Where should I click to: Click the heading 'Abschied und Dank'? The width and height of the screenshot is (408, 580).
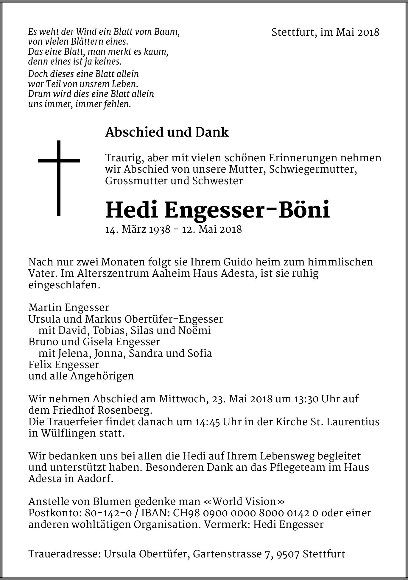(167, 132)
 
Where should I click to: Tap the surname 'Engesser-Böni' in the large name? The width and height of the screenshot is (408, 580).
(247, 210)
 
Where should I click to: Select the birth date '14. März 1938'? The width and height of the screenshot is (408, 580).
(138, 229)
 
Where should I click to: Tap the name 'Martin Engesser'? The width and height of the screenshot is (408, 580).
(69, 307)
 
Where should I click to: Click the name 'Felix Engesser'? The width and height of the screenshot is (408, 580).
(64, 365)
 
